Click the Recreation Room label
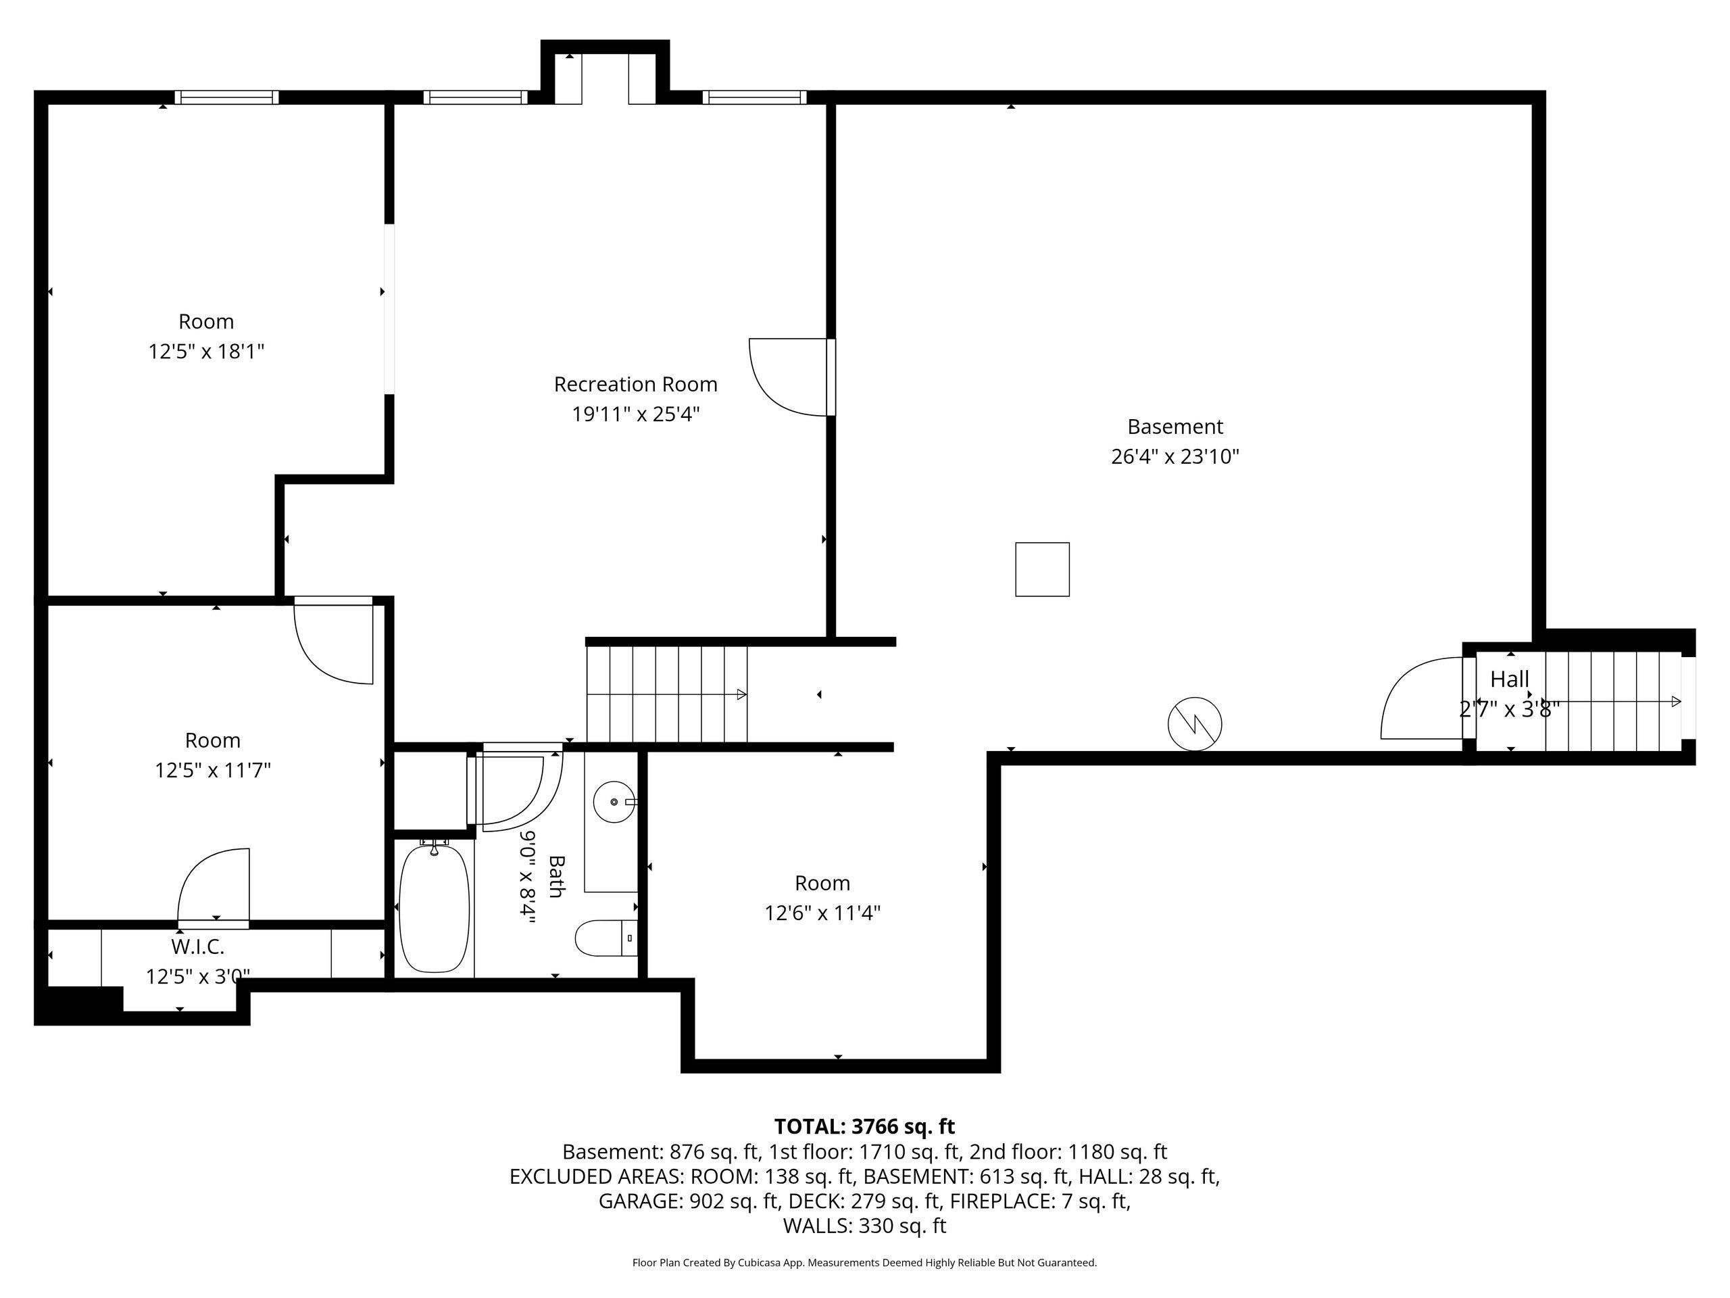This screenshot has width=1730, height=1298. click(635, 384)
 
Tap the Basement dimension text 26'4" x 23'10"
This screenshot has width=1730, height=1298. click(1175, 456)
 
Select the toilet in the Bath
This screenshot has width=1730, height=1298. click(607, 937)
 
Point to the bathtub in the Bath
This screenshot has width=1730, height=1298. click(434, 907)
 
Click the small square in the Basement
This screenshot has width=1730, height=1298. click(1042, 569)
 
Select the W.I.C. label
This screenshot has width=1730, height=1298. click(198, 946)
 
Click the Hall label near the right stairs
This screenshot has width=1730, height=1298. click(1510, 679)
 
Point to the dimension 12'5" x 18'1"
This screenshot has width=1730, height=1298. click(207, 352)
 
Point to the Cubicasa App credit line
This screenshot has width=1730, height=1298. click(864, 1263)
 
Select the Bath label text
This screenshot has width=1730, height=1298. click(556, 876)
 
